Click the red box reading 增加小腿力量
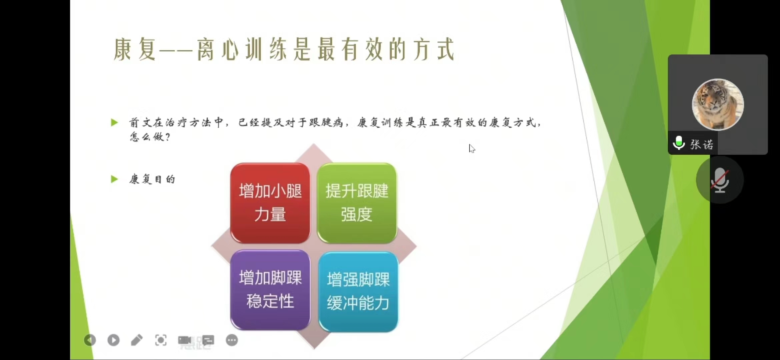click(x=270, y=203)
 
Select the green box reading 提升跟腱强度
click(x=357, y=203)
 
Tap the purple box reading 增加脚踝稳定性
click(x=270, y=290)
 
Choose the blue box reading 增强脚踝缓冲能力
click(x=358, y=292)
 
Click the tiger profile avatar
click(x=718, y=104)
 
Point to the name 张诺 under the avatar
click(x=702, y=144)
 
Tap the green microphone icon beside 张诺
click(x=679, y=143)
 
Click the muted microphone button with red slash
click(x=720, y=180)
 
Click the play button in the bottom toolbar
click(x=113, y=340)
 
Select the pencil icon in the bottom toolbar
click(x=137, y=340)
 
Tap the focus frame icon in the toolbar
click(x=161, y=340)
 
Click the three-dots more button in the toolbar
click(x=232, y=340)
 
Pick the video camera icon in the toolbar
click(x=184, y=340)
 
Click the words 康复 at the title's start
click(x=135, y=49)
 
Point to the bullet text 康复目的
click(x=152, y=179)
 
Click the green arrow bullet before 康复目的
click(x=114, y=179)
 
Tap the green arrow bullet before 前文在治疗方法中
click(x=114, y=123)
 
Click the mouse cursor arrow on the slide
click(x=472, y=149)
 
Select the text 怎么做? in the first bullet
click(x=150, y=137)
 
